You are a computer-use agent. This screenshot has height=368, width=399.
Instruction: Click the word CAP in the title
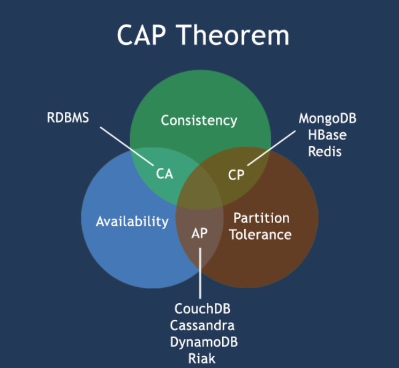(143, 36)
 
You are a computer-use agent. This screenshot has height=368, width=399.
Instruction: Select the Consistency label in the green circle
(199, 120)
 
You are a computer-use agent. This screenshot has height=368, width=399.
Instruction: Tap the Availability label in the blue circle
(132, 221)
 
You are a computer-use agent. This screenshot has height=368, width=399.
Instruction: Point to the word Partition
(261, 218)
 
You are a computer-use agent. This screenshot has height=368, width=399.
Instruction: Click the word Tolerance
(260, 234)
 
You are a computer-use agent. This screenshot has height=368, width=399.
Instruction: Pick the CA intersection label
(164, 174)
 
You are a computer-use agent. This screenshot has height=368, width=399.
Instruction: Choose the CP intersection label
(236, 174)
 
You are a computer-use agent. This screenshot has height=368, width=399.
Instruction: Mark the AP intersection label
(199, 233)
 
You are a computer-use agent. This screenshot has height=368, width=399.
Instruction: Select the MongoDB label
(327, 118)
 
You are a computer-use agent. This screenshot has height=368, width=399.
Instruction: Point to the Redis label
(325, 151)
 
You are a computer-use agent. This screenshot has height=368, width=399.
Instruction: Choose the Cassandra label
(202, 325)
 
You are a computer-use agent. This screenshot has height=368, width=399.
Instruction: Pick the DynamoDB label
(204, 342)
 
